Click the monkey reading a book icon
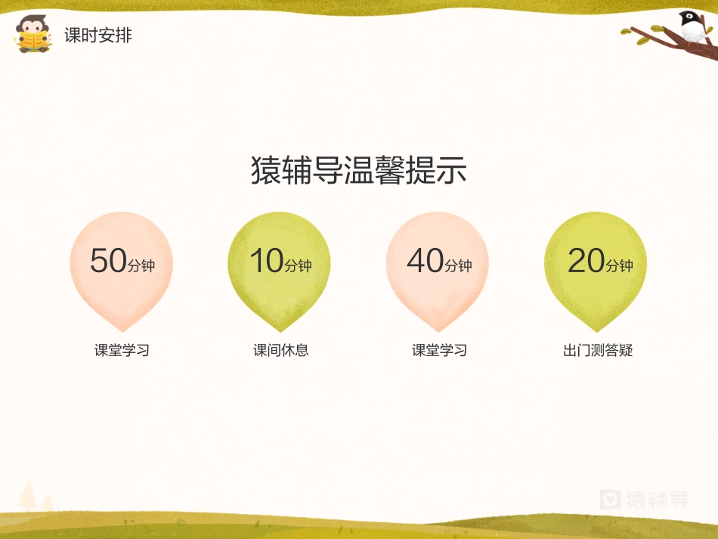(x=33, y=34)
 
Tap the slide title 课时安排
(x=98, y=36)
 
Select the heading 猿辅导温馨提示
(x=359, y=171)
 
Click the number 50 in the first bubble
(x=108, y=261)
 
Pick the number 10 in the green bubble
(x=266, y=261)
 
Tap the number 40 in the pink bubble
(x=425, y=261)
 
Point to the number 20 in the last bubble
(x=586, y=261)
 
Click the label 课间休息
(x=280, y=351)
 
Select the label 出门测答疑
(x=597, y=351)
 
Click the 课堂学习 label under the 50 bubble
(x=122, y=351)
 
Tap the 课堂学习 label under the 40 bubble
(x=439, y=351)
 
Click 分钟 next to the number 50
(x=141, y=265)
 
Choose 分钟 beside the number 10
(x=298, y=265)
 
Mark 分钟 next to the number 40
(x=458, y=265)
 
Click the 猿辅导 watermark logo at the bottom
(x=645, y=499)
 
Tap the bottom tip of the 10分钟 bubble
(x=280, y=330)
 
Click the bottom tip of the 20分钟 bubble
(x=596, y=330)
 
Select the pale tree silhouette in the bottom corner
(x=30, y=497)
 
